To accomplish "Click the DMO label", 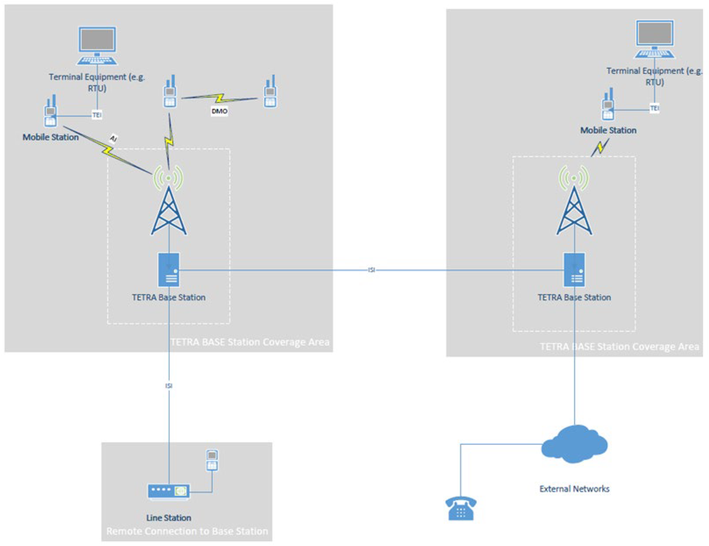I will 220,111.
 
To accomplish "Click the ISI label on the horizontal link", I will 371,270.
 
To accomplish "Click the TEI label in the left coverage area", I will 97,115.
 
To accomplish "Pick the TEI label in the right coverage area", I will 654,108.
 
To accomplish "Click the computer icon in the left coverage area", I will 97,45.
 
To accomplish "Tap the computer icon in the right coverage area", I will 654,39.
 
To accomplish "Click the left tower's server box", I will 168,270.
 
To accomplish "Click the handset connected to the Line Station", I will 212,460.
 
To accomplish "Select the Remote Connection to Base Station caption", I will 187,531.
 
